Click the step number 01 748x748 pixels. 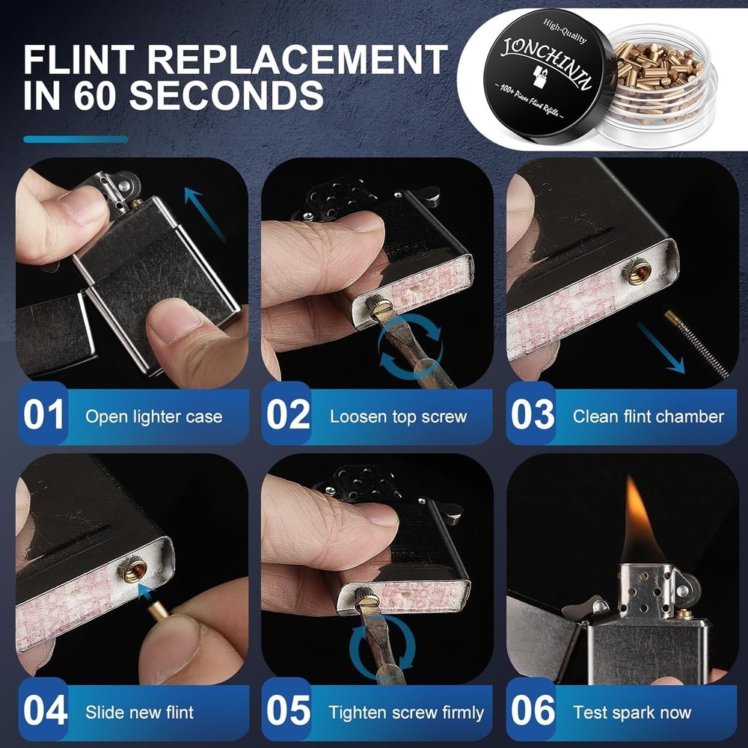click(x=45, y=416)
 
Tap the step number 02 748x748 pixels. click(x=289, y=416)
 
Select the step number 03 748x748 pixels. click(x=533, y=416)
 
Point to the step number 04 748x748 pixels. click(x=45, y=711)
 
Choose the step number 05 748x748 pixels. click(x=289, y=711)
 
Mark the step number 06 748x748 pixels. click(x=533, y=711)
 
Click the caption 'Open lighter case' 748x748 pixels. click(x=153, y=417)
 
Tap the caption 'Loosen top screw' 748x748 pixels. click(x=398, y=417)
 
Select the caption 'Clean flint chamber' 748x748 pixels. click(x=648, y=417)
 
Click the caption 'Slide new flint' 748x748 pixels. click(x=139, y=712)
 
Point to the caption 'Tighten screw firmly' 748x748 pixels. click(x=406, y=712)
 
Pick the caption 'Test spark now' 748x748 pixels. click(x=632, y=712)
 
